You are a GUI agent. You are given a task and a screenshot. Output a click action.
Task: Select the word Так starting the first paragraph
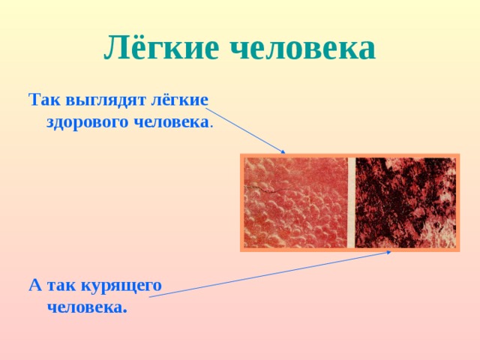coord(43,100)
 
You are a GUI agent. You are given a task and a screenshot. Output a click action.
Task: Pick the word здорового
coord(87,121)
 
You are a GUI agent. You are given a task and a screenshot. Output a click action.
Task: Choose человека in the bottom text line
coord(85,307)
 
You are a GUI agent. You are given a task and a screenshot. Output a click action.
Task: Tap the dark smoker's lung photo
coord(405,202)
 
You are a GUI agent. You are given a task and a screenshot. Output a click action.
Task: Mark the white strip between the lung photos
coord(351,202)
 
